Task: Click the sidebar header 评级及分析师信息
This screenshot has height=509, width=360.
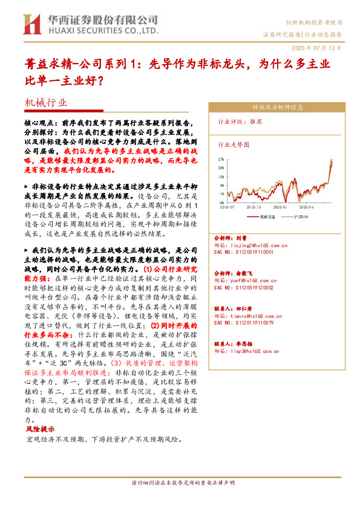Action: [x=277, y=108]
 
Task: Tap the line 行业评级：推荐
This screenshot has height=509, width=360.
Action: [x=240, y=121]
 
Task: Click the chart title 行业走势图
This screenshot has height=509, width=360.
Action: [x=233, y=145]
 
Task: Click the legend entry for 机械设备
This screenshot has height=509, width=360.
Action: [x=266, y=215]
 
